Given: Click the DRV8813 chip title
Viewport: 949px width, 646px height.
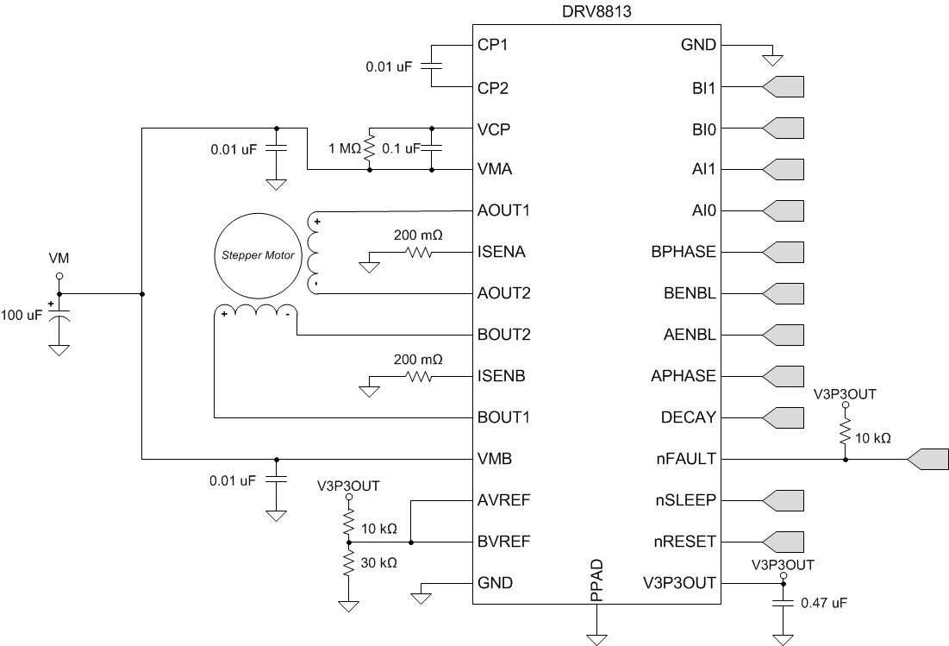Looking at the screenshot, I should coord(595,11).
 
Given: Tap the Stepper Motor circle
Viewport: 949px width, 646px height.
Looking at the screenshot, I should coord(254,255).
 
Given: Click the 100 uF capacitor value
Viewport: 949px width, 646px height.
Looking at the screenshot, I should coord(22,316).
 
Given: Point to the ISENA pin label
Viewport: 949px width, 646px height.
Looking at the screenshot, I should coord(503,252).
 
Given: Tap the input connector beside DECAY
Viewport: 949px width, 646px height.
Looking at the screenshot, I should coord(784,417).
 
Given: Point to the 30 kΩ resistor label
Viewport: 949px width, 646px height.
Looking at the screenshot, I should coord(378,562).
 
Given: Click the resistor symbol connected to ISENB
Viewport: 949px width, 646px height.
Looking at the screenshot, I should coord(419,376).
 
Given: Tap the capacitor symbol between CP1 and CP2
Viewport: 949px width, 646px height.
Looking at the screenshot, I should coord(432,66).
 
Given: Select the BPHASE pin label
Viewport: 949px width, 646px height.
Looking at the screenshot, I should coord(684,252).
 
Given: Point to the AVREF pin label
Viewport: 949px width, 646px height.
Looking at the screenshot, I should coord(503,500).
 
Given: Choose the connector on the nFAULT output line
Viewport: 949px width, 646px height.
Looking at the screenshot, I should coord(927,459).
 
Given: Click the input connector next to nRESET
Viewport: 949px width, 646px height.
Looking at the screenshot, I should coord(784,542).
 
